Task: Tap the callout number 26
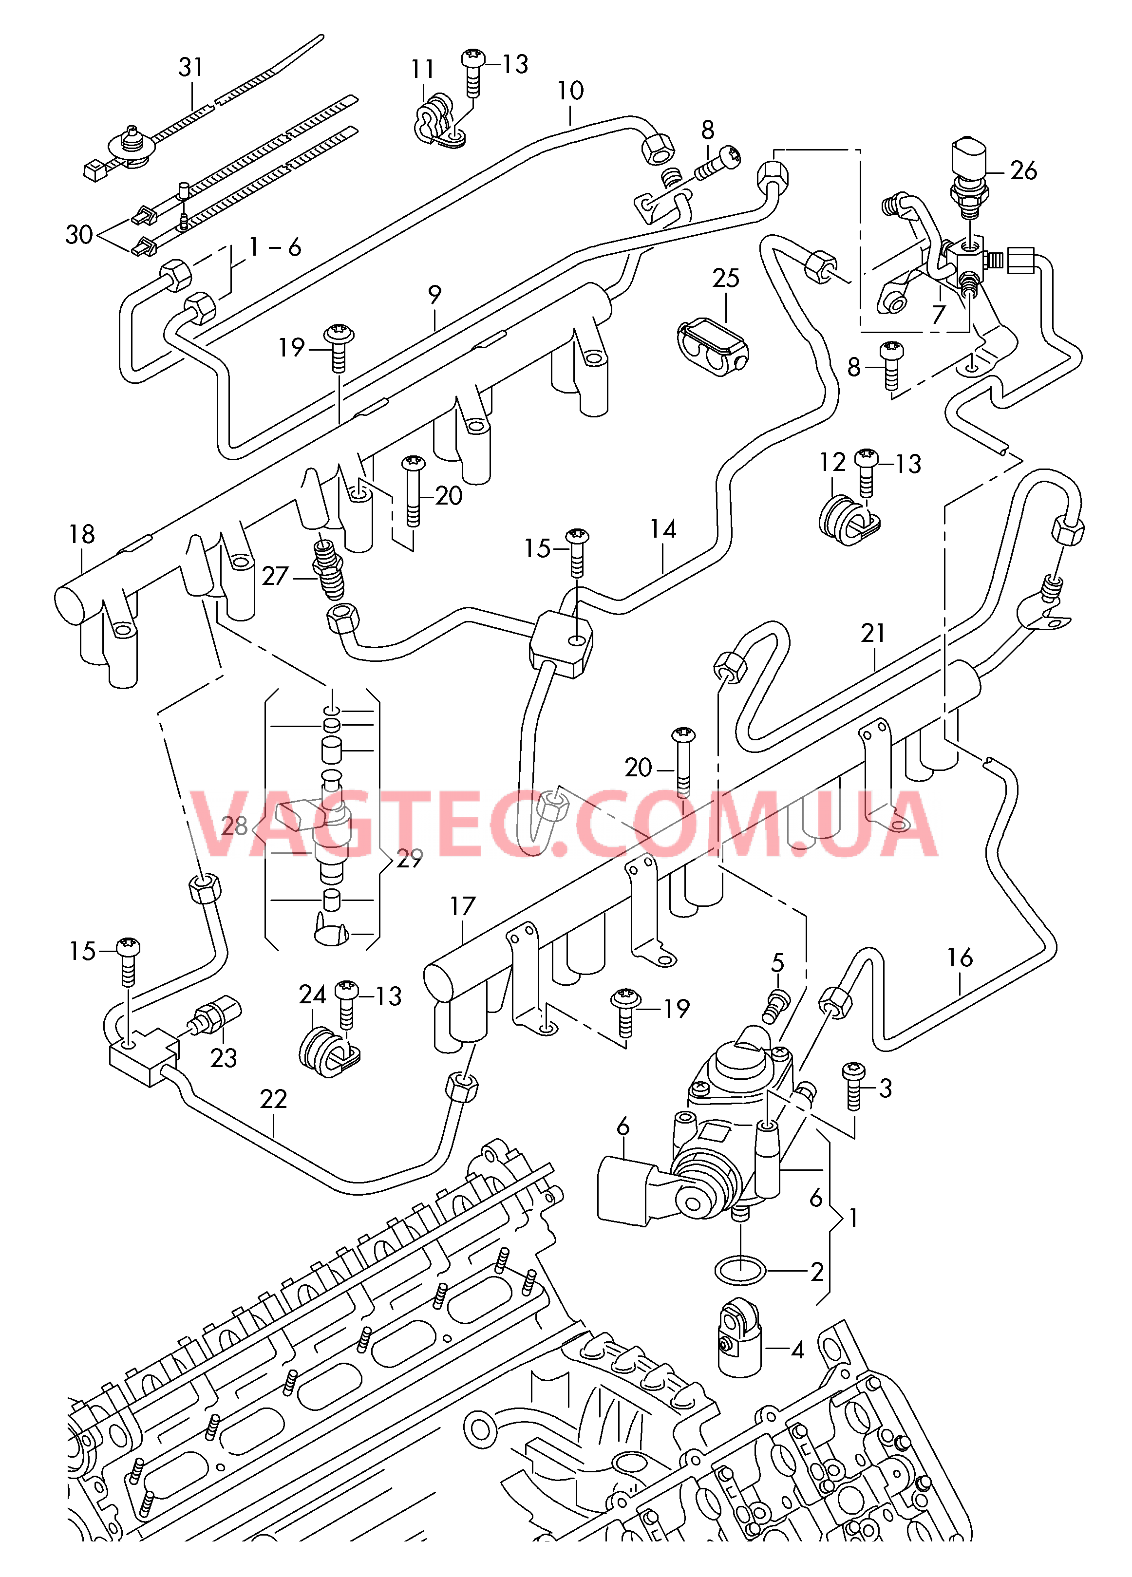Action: (1023, 170)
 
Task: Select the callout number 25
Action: (725, 278)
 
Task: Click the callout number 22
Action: (273, 1099)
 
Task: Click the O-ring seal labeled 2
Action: (740, 1271)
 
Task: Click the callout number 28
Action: (234, 826)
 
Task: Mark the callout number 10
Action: (570, 91)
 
